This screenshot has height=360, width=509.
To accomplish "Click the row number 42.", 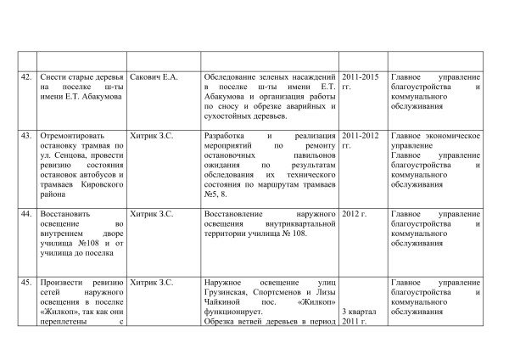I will tap(27, 78).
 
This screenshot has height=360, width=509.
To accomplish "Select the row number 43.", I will tap(27, 135).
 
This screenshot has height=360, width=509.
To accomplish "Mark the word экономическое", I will tap(453, 135).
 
